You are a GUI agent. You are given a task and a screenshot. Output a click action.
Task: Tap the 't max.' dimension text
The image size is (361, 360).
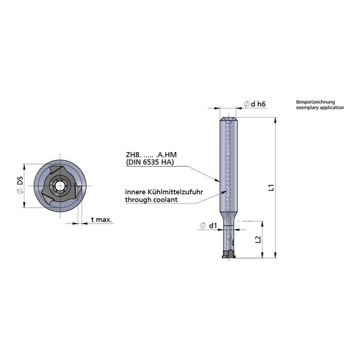[x=101, y=220]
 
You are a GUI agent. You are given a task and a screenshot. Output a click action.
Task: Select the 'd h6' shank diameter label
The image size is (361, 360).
[x=255, y=104]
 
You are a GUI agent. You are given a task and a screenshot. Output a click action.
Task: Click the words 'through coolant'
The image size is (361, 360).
[x=150, y=200]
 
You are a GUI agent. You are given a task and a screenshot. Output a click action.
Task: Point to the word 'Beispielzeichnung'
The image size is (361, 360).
[x=317, y=101]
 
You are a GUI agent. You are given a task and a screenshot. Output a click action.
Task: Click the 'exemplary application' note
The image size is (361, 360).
[x=320, y=108]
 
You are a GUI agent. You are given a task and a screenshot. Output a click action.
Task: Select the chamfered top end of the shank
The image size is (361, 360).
[x=226, y=120]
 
